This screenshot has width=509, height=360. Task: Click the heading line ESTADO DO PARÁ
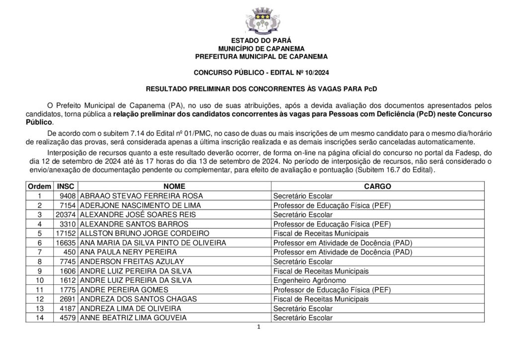click(261, 40)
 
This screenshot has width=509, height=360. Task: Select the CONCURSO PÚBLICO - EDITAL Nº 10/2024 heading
click(261, 73)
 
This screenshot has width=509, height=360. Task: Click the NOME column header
click(174, 186)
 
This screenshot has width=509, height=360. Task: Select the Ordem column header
click(39, 186)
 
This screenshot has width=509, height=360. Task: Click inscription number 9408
click(67, 196)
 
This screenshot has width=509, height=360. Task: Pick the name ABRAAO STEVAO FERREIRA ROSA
click(134, 196)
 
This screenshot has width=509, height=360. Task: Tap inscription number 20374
click(66, 214)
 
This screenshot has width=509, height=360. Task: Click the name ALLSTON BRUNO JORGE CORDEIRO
click(138, 233)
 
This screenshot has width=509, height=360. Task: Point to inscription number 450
click(70, 252)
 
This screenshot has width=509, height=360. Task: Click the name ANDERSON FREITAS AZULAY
click(132, 262)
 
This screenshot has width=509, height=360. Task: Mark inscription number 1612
click(68, 280)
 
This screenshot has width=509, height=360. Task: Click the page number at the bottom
click(259, 327)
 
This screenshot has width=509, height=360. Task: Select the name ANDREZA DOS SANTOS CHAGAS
click(139, 299)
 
